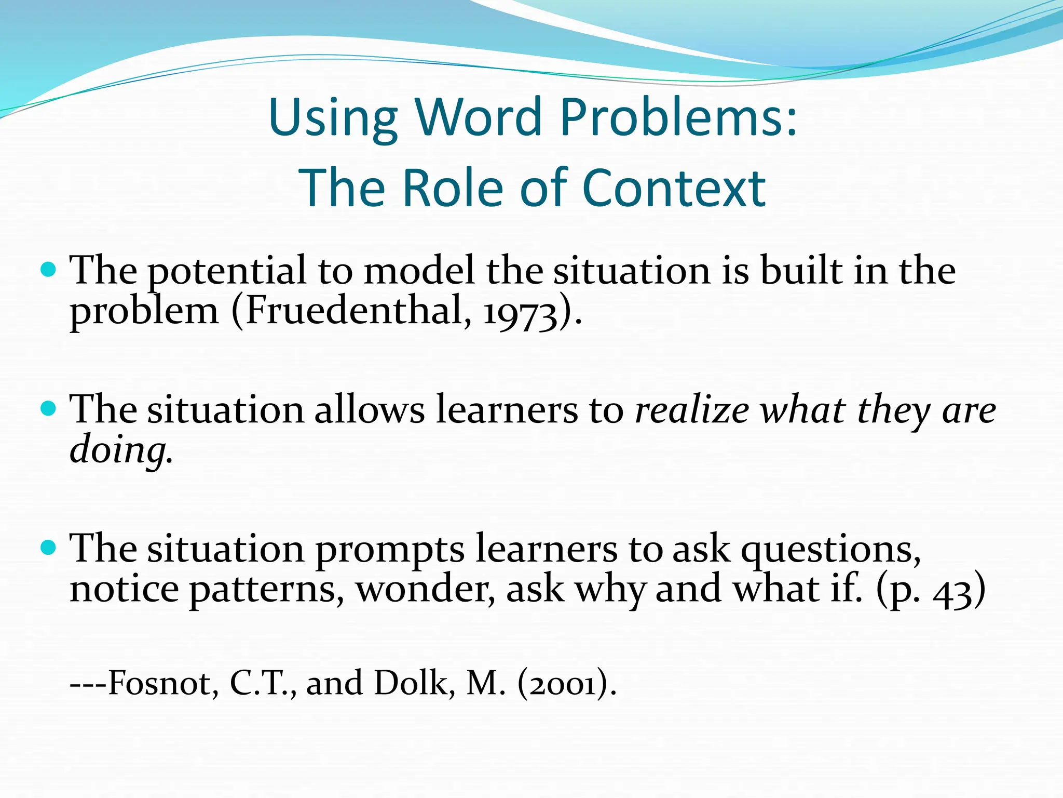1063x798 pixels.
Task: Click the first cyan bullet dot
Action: point(48,270)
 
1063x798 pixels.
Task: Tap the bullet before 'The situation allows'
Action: point(48,408)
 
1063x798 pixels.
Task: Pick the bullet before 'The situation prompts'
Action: point(48,547)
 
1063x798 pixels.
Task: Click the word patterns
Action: point(265,590)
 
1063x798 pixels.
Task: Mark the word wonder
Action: point(425,590)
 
